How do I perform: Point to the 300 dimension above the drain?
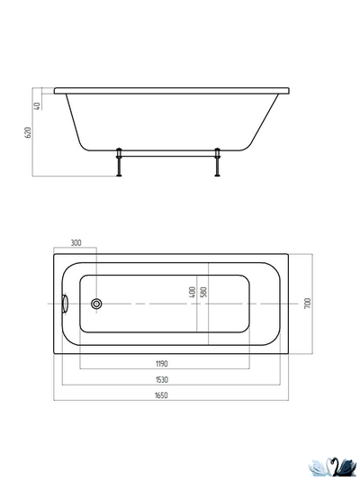tap(76, 243)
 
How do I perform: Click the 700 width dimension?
tap(308, 304)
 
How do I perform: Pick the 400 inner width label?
tap(193, 294)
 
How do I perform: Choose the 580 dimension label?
tap(204, 294)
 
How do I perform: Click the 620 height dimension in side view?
tap(29, 132)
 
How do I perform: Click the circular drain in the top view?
tap(96, 304)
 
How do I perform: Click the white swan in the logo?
tap(321, 466)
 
